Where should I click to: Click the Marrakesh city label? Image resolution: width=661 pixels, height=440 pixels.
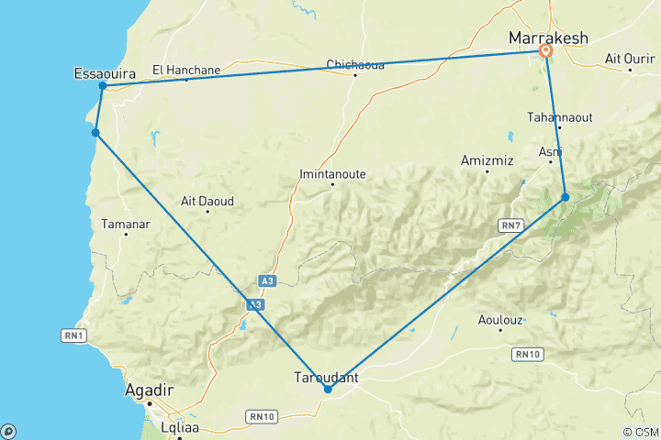point(548,38)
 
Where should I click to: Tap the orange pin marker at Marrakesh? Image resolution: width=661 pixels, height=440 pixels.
point(545,51)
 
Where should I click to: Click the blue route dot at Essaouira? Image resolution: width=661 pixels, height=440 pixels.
point(103,86)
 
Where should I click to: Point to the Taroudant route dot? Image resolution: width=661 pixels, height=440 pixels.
point(328,390)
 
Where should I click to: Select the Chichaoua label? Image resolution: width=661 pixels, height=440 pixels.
point(354,64)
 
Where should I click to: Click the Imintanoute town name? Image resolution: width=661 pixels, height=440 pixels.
point(331,172)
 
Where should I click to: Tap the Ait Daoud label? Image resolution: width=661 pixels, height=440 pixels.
point(207,201)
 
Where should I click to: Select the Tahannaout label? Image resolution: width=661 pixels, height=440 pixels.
point(556,116)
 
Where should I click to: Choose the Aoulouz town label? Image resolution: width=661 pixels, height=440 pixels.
point(500,320)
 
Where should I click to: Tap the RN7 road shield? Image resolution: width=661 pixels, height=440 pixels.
point(510,224)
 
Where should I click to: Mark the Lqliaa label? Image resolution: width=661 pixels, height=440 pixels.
point(179,428)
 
